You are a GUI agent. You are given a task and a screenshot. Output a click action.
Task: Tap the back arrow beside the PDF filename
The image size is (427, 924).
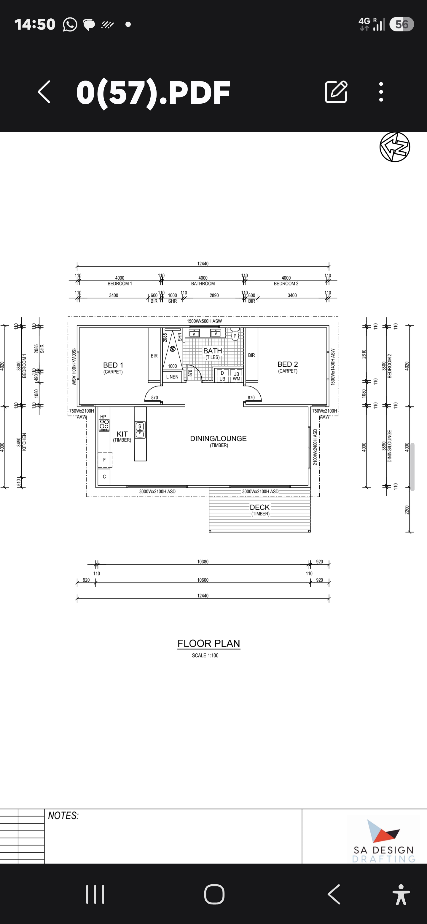pyautogui.click(x=44, y=92)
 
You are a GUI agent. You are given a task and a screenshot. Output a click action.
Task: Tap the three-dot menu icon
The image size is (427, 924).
pyautogui.click(x=381, y=92)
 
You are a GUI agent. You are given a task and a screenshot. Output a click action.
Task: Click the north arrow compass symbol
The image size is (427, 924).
pyautogui.click(x=395, y=147)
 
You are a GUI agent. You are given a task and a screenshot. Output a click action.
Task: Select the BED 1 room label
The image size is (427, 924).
pyautogui.click(x=113, y=365)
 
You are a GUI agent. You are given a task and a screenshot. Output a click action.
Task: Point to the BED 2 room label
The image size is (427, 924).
pyautogui.click(x=288, y=364)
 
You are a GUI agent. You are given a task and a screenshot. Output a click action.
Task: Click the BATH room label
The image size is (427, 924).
pyautogui.click(x=213, y=351)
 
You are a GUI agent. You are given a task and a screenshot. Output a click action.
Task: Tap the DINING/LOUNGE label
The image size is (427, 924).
pyautogui.click(x=218, y=438)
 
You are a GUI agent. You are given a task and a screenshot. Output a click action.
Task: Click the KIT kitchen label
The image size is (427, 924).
pyautogui.click(x=122, y=434)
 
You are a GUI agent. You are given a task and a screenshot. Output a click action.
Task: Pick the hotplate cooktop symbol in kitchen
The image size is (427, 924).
pyautogui.click(x=104, y=425)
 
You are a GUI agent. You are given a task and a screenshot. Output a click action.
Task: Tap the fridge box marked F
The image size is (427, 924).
pyautogui.click(x=104, y=460)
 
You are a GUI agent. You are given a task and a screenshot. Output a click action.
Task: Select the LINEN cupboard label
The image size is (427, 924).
pyautogui.click(x=172, y=377)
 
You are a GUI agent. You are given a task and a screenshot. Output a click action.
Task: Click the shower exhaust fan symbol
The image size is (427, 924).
pyautogui.click(x=173, y=349)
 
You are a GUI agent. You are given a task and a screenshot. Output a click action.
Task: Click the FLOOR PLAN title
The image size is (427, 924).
pyautogui.click(x=209, y=644)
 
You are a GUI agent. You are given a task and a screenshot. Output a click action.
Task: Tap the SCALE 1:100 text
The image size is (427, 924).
pyautogui.click(x=205, y=655)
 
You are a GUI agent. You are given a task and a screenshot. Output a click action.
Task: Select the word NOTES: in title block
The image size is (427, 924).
pyautogui.click(x=63, y=816)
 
